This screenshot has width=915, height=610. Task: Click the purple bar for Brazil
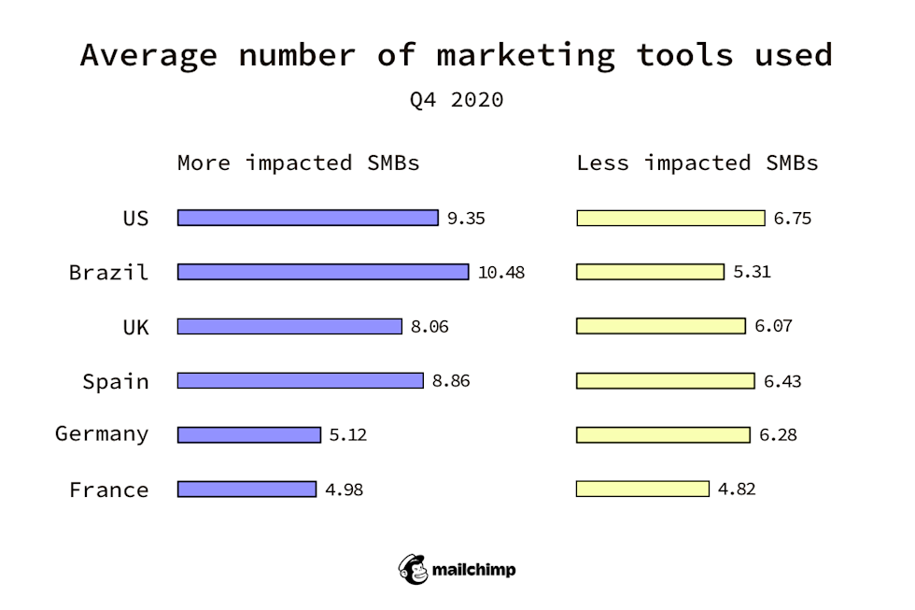point(323,272)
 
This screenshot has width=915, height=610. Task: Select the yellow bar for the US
point(670,218)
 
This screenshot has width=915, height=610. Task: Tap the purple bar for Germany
point(249,434)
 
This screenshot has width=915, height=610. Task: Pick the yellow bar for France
point(642,489)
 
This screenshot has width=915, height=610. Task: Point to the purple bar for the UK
point(289,326)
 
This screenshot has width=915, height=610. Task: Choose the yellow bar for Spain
point(666,381)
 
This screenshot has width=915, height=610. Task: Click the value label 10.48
point(501,273)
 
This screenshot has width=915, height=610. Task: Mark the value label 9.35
point(466,219)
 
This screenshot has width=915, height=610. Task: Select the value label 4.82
point(737,489)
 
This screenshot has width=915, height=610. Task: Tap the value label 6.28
point(778,435)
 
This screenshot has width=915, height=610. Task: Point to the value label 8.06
point(429,327)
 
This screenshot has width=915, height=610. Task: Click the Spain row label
point(115,381)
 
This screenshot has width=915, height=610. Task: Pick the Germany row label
point(102,433)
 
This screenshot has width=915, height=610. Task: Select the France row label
point(108,489)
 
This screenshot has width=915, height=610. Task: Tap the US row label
point(135,218)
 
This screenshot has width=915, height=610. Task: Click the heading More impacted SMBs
point(299,163)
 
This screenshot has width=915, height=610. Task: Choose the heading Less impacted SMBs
point(697,163)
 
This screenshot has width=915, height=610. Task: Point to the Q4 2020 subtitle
point(457,100)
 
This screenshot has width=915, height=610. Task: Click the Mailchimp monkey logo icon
point(414,569)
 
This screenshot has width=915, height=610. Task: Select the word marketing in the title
point(526,54)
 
